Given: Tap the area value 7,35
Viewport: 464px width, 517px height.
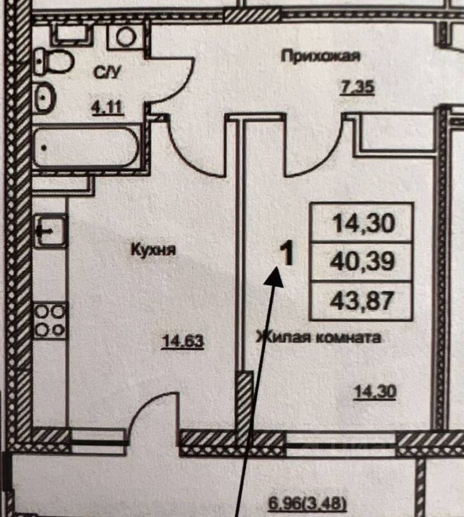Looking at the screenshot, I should coord(357,86).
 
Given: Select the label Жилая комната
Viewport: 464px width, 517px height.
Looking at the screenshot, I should coord(319,338).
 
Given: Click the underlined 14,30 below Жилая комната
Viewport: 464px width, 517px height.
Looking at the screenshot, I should coord(375,392).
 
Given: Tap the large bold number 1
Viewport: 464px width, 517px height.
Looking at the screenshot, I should coord(287,253).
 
